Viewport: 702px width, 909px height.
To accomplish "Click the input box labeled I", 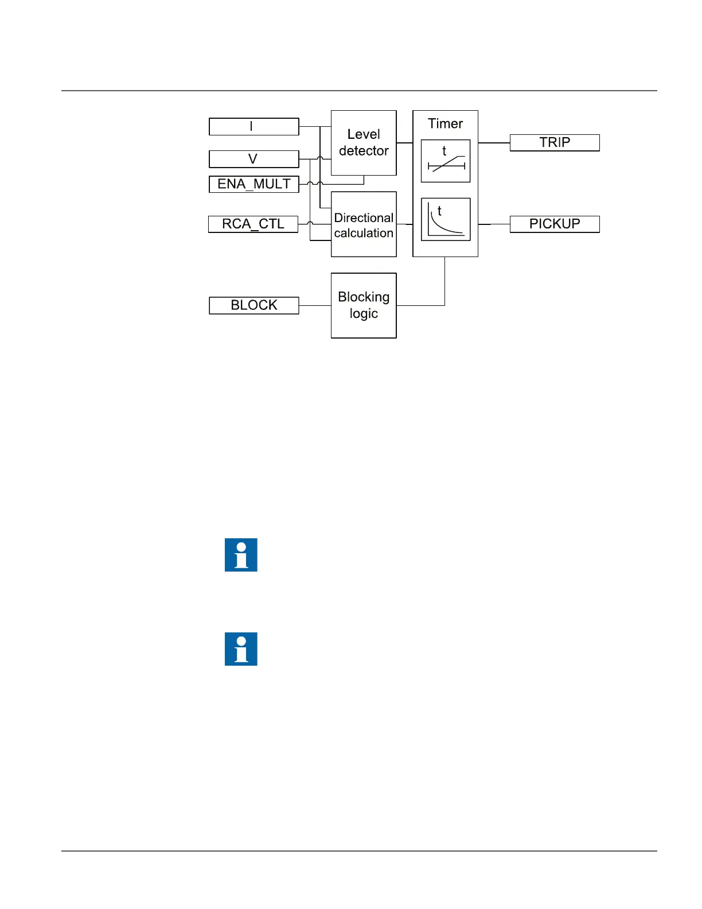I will click(x=253, y=126).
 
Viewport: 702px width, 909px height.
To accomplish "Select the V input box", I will click(x=253, y=159).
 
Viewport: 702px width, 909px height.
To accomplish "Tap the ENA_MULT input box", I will click(x=253, y=184).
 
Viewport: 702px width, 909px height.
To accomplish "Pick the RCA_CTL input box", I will click(x=253, y=224).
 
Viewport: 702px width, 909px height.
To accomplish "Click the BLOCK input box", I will click(x=253, y=305).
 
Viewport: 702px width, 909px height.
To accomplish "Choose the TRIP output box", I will click(x=555, y=142).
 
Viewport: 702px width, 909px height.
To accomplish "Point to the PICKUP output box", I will click(x=555, y=224).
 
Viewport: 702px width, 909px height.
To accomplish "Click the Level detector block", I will click(x=364, y=142).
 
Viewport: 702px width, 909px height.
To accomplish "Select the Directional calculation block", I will click(x=364, y=225).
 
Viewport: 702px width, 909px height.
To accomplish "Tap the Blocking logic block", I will click(x=364, y=305).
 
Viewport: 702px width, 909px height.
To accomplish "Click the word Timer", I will click(x=445, y=123).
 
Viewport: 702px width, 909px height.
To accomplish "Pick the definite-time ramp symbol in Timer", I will click(x=446, y=161).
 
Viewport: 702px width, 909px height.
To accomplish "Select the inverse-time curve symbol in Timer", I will click(x=446, y=219).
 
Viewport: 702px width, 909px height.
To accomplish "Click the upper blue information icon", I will click(x=241, y=555).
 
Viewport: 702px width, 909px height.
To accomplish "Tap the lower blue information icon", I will click(x=241, y=649).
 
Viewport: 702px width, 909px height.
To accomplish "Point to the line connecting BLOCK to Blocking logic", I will click(x=315, y=305).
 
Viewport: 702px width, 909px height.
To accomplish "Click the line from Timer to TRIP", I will click(x=494, y=142).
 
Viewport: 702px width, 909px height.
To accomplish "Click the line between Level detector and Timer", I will click(x=404, y=142).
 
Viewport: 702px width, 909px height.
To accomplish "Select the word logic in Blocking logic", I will click(x=364, y=314).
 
